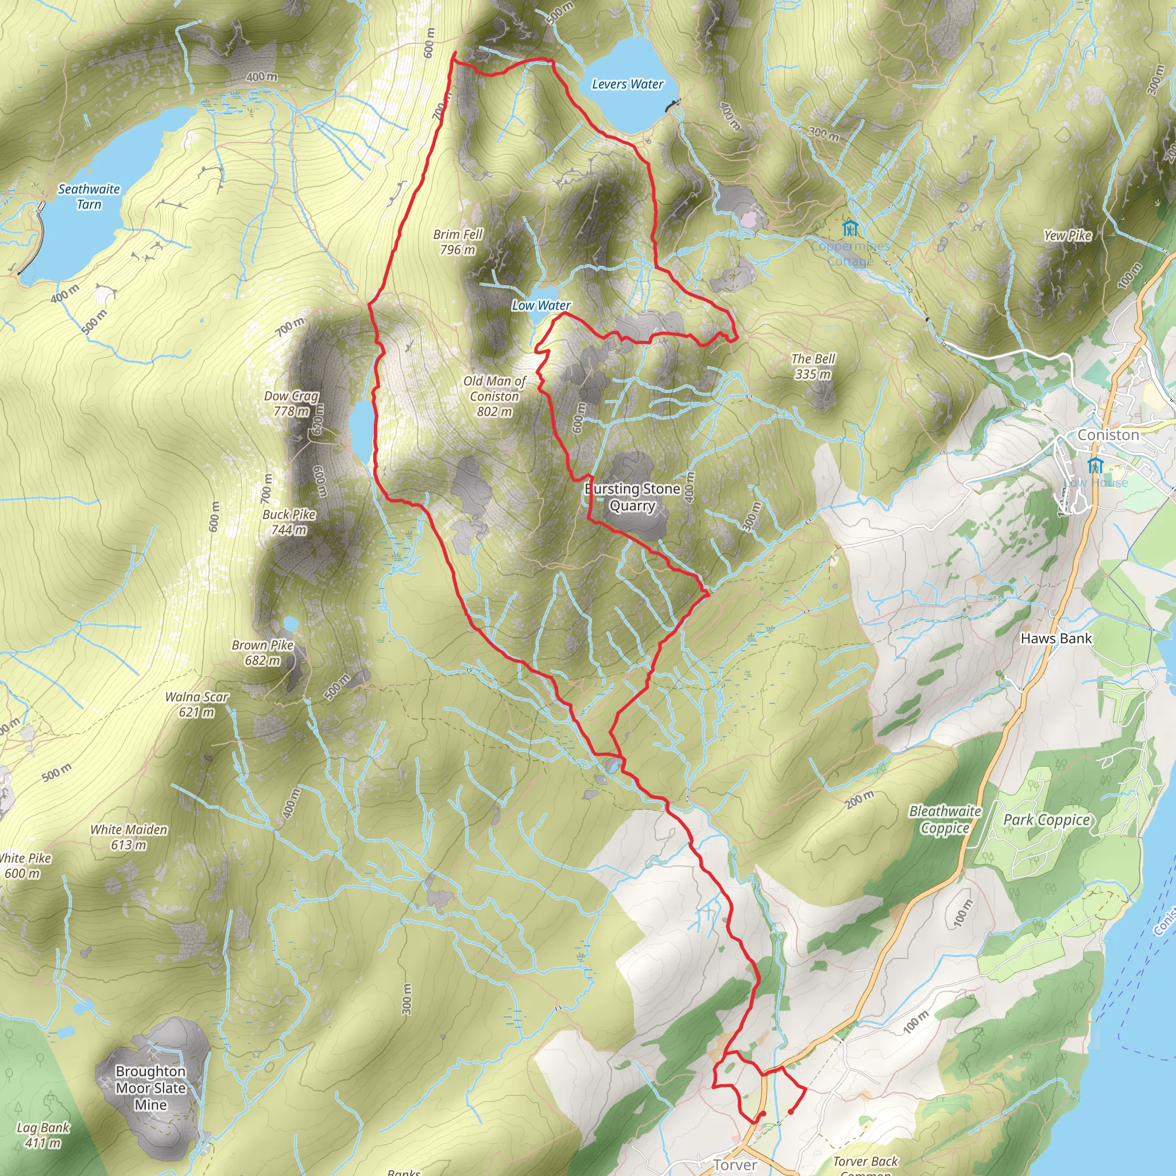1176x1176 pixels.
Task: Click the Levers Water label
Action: (x=628, y=84)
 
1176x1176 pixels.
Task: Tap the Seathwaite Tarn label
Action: (x=89, y=196)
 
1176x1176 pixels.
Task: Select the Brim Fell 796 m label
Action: (x=458, y=242)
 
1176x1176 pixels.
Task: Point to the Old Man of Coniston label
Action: (x=494, y=396)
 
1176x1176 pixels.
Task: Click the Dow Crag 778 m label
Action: (x=291, y=403)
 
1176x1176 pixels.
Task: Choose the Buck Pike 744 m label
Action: (x=289, y=521)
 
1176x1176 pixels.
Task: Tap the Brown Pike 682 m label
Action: (x=262, y=652)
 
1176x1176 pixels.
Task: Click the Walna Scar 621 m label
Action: (x=196, y=704)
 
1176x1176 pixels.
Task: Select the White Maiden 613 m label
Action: (x=129, y=837)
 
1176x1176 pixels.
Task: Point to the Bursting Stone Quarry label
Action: (x=632, y=497)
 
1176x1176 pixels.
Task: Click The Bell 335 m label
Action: (x=813, y=366)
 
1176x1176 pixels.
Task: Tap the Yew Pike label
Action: (x=1067, y=235)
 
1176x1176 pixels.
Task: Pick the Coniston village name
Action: (x=1108, y=435)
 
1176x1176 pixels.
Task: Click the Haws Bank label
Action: (x=1056, y=639)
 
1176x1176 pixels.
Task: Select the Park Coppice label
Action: (x=1046, y=819)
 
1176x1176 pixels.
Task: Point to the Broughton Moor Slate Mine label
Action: (x=150, y=1088)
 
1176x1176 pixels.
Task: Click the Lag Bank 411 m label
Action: (x=42, y=1135)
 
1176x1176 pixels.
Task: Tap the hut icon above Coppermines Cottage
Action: (x=850, y=229)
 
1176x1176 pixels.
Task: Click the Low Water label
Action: (x=541, y=305)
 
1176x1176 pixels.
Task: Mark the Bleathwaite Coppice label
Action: (x=945, y=819)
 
